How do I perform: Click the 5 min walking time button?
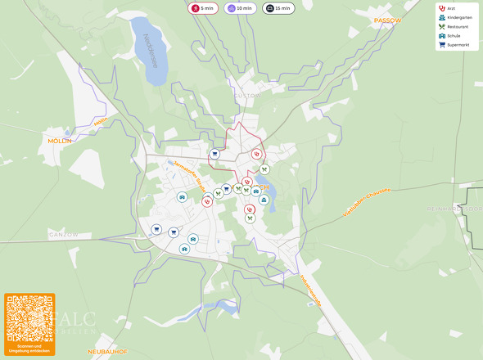[x=202, y=8]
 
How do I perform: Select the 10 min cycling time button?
[x=239, y=8]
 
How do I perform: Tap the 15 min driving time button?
[x=278, y=8]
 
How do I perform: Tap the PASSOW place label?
[x=388, y=20]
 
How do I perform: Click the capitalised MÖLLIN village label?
[x=60, y=141]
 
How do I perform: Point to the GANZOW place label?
[x=63, y=234]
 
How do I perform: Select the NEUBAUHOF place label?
[x=108, y=351]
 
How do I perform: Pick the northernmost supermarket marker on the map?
[x=214, y=153]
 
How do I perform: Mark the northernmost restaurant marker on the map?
[x=264, y=169]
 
